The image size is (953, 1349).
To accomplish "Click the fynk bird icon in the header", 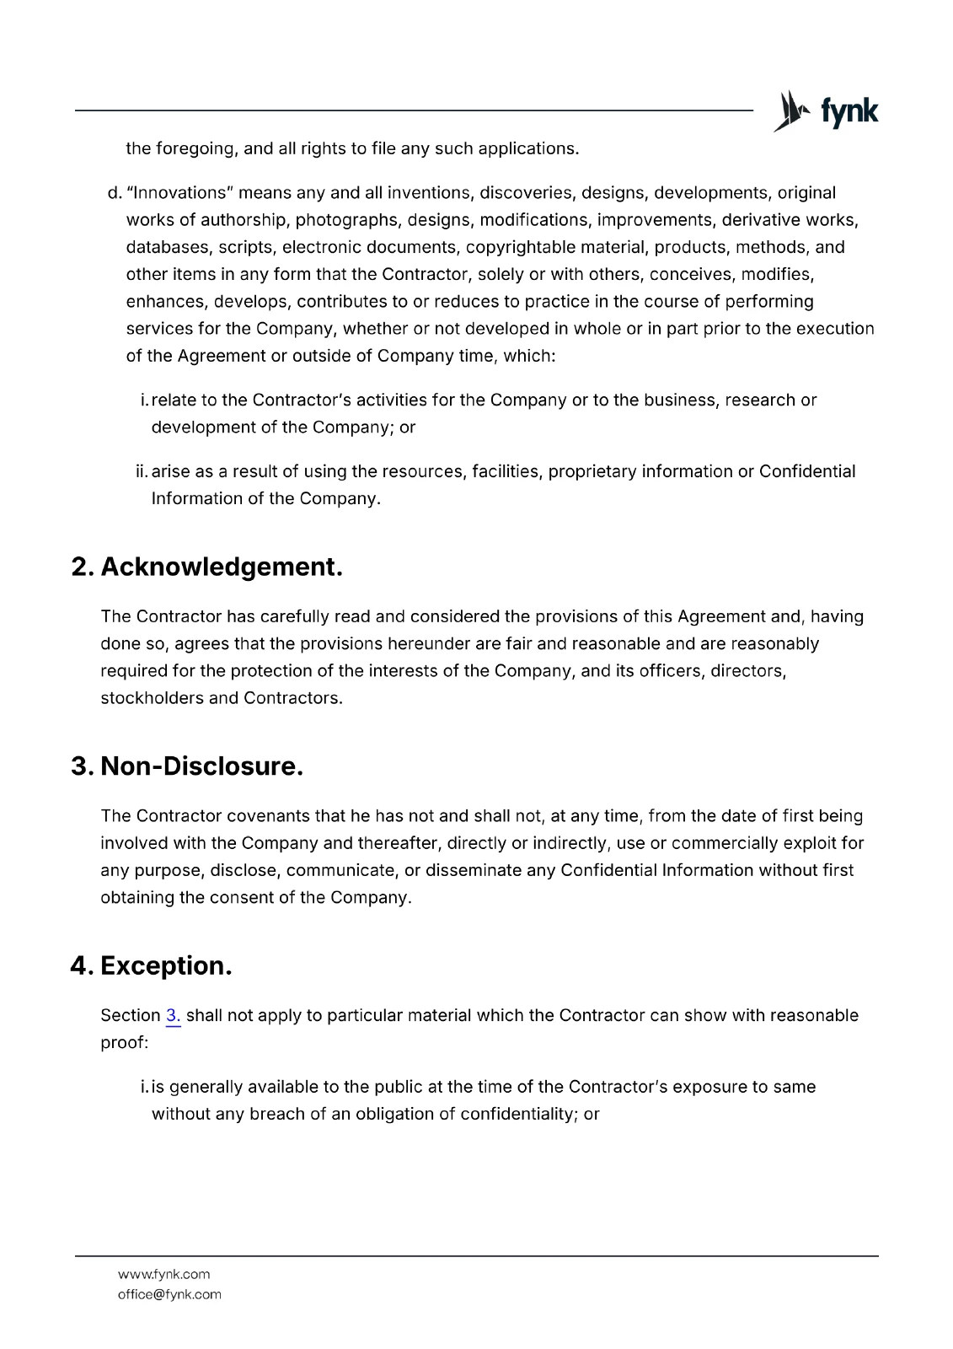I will pos(790,111).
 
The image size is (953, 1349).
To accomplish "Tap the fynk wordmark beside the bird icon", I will pos(849,112).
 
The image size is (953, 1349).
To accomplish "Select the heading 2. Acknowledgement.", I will pos(207,567).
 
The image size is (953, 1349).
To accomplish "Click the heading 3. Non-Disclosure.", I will pos(187,766).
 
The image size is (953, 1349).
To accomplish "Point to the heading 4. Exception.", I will pos(152,965).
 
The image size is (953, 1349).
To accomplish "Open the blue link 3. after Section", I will pos(173,1015).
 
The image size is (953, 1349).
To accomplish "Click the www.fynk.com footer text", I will pos(163,1274).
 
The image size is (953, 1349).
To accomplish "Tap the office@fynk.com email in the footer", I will pos(169,1294).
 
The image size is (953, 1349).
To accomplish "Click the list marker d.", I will pos(115,193).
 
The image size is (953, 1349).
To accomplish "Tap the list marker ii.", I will pos(142,471).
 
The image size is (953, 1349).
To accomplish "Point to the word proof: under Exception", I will pos(124,1042).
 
